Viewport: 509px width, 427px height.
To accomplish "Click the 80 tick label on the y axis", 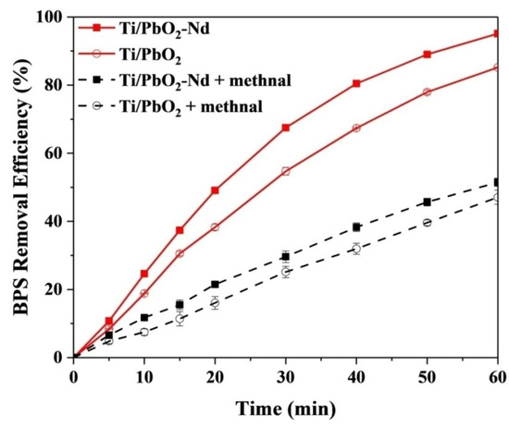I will click(56, 85).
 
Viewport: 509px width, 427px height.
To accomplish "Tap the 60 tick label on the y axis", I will click(56, 153).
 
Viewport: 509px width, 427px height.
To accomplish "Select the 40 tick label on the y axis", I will click(56, 221).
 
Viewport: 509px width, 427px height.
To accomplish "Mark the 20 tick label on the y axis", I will click(56, 289).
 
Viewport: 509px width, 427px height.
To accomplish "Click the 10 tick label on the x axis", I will click(144, 374).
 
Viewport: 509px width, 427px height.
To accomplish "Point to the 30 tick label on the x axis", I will click(286, 374).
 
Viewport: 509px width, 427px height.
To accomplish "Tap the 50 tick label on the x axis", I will click(428, 374).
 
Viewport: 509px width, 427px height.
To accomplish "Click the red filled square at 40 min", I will click(356, 83).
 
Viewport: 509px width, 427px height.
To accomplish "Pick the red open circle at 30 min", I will click(286, 171).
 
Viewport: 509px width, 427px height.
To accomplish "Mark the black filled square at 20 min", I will click(215, 284).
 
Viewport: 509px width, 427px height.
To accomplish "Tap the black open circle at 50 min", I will click(428, 223).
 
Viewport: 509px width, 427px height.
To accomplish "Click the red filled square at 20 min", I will click(215, 190).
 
